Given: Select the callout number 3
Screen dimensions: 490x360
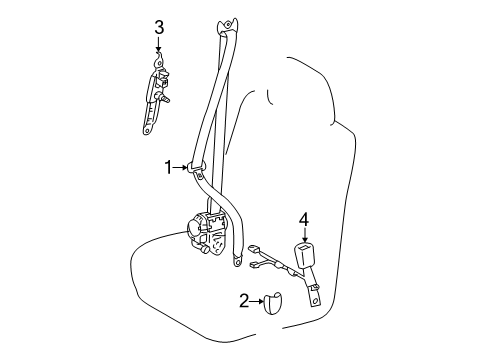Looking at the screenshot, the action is [x=158, y=27].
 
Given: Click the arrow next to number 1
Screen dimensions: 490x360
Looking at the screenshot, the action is [x=183, y=168].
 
